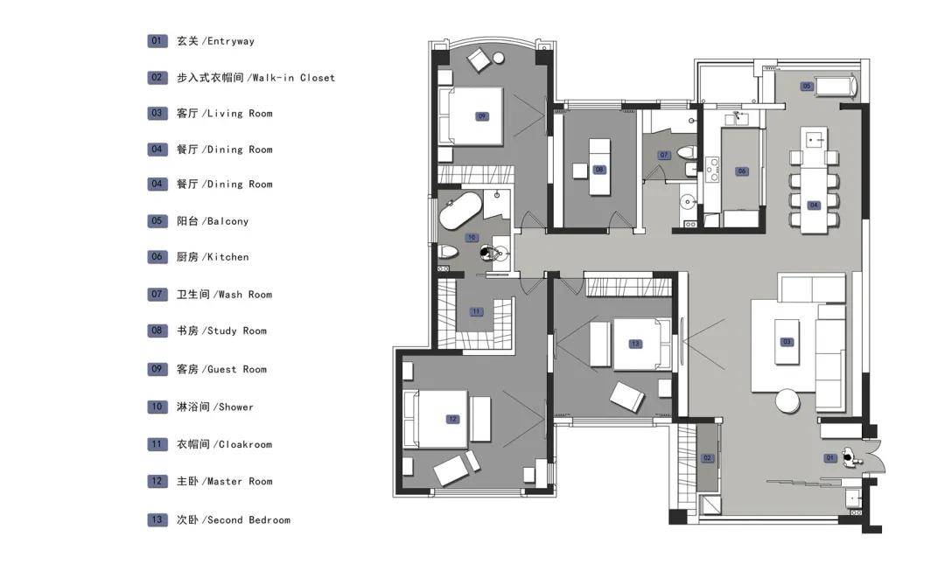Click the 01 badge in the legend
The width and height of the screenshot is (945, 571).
click(157, 41)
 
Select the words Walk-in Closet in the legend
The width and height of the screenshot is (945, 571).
click(293, 78)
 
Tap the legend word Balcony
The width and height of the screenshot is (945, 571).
click(227, 221)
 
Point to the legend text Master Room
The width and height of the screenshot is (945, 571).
click(240, 481)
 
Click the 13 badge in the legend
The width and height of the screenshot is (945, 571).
click(157, 519)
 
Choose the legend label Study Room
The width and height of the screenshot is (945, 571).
click(237, 331)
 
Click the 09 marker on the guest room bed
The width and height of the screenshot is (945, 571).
click(481, 116)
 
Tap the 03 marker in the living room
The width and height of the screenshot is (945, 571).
click(787, 342)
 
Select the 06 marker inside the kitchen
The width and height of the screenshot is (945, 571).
click(742, 171)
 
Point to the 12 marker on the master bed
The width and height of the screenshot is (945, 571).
click(452, 419)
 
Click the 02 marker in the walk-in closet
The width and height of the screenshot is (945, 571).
click(708, 458)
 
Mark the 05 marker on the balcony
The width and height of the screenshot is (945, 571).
click(807, 87)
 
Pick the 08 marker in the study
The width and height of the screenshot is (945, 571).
click(599, 170)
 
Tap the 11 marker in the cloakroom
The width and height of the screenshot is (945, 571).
click(476, 312)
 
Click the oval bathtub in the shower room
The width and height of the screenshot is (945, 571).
click(460, 211)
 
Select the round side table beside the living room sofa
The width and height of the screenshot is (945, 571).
click(787, 401)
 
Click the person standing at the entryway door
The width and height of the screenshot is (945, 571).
click(850, 456)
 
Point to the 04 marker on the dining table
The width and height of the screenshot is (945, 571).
click(814, 205)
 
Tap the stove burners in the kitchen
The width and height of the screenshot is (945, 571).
click(711, 170)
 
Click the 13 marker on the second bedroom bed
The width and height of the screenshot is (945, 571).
click(635, 344)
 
